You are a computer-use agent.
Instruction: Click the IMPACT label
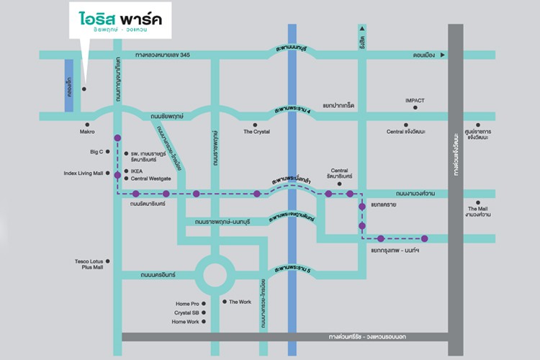click(415, 100)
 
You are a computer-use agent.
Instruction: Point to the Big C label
click(96, 152)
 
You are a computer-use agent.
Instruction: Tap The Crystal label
click(256, 132)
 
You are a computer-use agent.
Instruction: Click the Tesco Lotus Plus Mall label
click(89, 264)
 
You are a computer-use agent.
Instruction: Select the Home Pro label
click(185, 304)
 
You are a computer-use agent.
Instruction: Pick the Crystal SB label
click(186, 313)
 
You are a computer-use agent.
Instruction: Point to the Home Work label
click(184, 322)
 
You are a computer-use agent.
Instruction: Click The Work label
click(240, 302)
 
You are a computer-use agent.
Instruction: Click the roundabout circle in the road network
click(214, 274)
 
